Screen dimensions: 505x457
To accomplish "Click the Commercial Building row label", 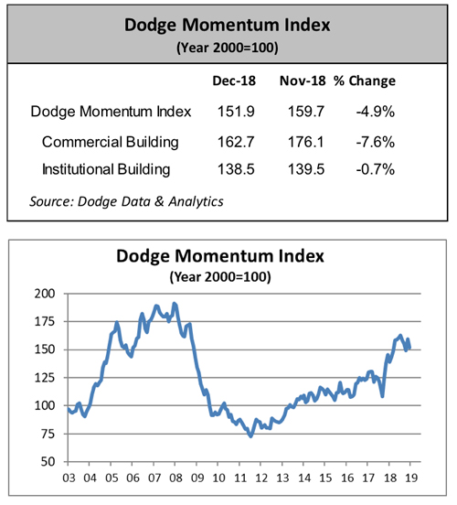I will pos(110,142).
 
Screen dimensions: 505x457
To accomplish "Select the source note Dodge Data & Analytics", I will pos(127,199).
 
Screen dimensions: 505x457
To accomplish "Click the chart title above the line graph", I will pos(228,256).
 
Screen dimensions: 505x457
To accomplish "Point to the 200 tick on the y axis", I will pos(42,294).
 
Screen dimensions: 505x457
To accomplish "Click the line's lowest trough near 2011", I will pos(250,436).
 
